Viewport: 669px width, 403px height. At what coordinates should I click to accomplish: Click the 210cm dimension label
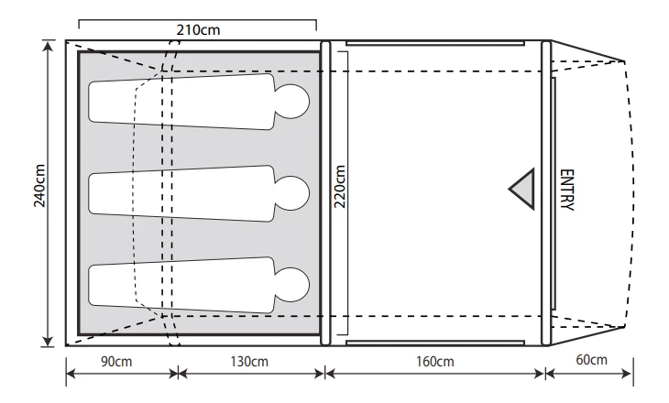(x=197, y=29)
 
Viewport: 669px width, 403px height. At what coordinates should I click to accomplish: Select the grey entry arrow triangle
(x=523, y=190)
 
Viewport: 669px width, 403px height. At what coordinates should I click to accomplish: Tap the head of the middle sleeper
(x=294, y=193)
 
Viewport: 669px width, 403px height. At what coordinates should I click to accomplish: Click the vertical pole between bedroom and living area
(x=324, y=193)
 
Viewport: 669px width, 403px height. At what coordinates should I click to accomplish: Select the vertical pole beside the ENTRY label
(x=546, y=193)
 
